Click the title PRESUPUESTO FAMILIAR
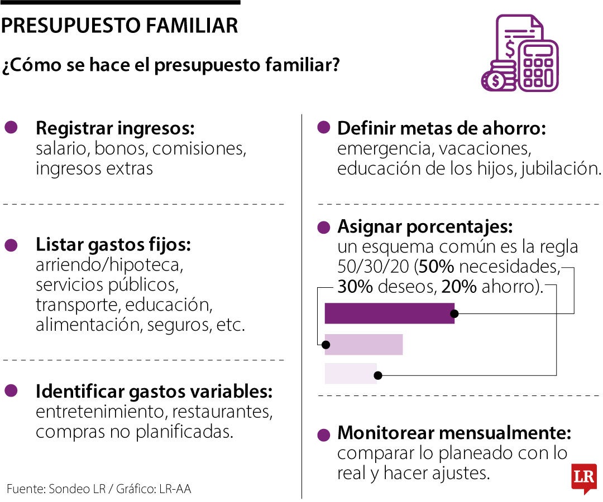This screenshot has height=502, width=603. (119, 26)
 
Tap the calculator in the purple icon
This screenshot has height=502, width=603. (538, 65)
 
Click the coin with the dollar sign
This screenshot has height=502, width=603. (494, 81)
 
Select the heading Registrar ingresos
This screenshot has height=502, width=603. (115, 128)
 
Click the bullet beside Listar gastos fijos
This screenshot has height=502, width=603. (11, 245)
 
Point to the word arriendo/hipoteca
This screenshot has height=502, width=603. (109, 264)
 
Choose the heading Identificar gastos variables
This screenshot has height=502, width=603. (154, 392)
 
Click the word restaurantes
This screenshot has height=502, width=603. (222, 412)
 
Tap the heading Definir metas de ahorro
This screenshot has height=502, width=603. (441, 128)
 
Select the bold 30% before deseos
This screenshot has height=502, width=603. (355, 287)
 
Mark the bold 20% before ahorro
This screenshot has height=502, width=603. (459, 287)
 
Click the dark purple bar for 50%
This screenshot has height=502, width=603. (389, 313)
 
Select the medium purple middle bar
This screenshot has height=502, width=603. (363, 344)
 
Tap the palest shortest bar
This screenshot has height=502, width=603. (351, 373)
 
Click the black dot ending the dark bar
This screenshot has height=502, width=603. (455, 313)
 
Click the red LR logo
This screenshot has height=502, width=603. (583, 478)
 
